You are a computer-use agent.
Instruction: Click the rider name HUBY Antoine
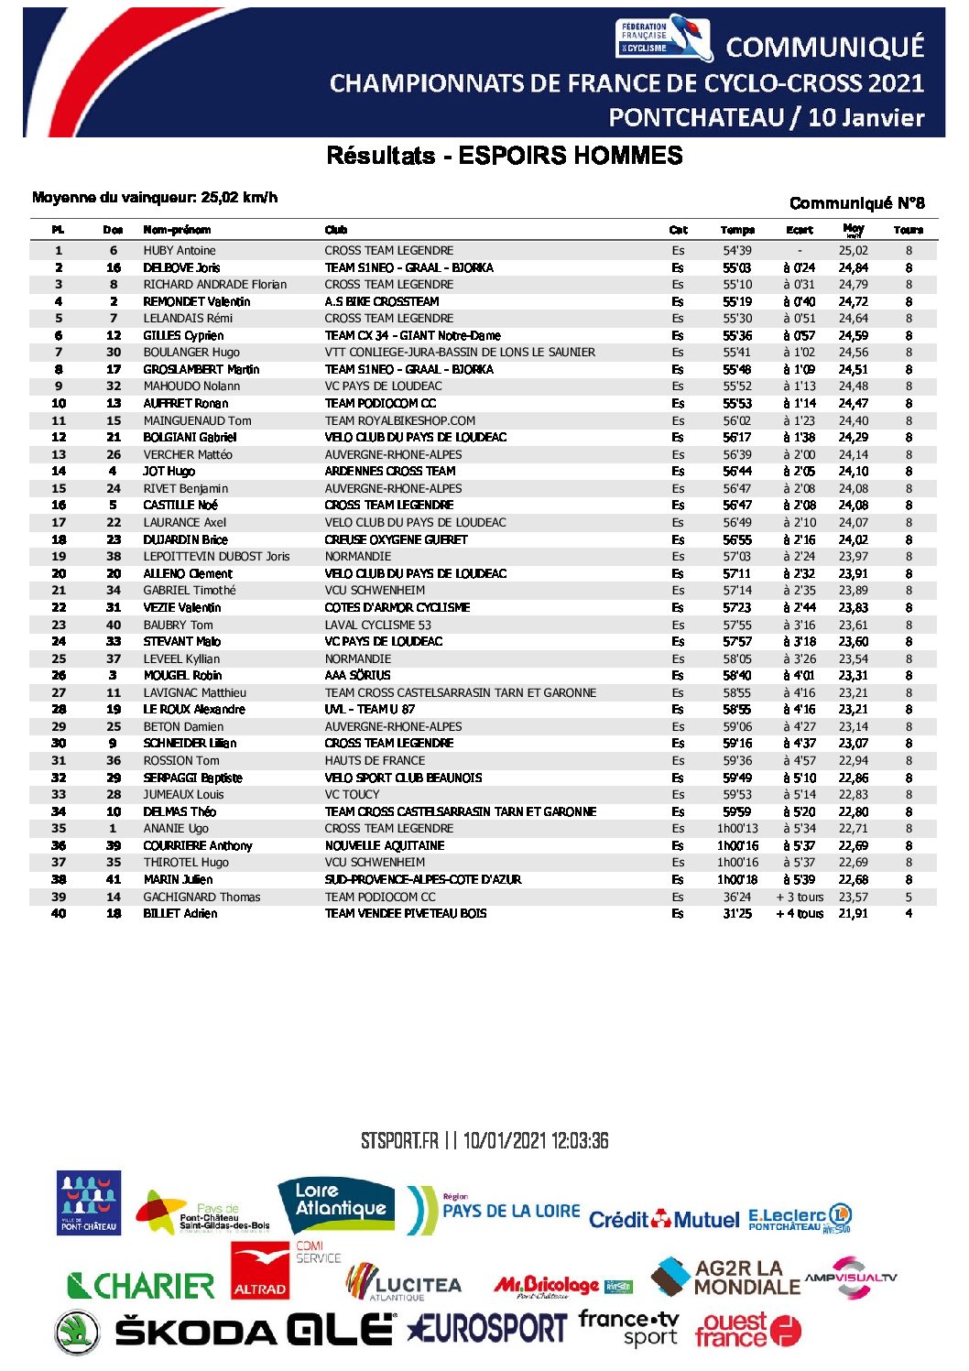180,250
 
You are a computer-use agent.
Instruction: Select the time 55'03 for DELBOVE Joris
736,267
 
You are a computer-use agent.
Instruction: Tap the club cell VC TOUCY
352,794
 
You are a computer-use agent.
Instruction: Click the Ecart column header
799,230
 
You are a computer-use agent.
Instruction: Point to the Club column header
336,230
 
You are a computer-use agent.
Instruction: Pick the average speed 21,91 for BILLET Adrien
853,913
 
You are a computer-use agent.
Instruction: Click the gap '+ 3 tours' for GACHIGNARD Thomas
800,897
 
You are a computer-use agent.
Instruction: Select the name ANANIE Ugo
176,828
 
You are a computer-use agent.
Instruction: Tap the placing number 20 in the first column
59,573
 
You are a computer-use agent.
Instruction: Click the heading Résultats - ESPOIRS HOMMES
505,156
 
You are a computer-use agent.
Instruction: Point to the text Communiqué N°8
856,203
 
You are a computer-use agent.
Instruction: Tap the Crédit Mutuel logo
663,1220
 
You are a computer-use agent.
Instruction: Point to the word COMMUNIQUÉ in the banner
824,48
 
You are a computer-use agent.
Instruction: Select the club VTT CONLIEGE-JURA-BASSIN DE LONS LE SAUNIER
460,352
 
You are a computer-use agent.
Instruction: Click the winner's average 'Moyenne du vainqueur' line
155,198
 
